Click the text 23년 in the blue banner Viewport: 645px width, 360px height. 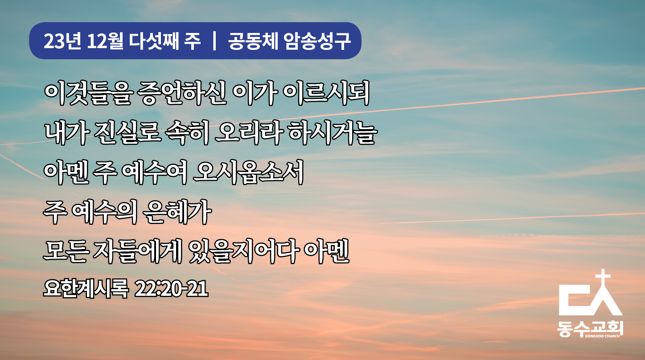coord(62,41)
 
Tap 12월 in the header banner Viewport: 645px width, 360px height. coord(105,41)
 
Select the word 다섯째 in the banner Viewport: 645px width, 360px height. coord(154,41)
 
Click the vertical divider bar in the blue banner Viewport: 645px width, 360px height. coord(214,41)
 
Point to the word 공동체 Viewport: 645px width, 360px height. coord(253,41)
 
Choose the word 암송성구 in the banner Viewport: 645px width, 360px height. coord(317,41)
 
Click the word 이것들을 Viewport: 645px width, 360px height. coord(88,93)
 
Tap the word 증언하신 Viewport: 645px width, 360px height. coord(182,93)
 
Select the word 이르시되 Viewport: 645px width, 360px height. coord(326,93)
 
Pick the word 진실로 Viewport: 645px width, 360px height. coord(127,132)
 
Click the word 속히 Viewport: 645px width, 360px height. coord(187,132)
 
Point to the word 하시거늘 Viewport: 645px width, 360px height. coord(333,132)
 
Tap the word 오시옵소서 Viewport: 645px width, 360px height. coord(248,172)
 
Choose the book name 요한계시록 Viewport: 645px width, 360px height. coord(86,289)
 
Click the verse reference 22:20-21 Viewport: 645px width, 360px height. coord(171,289)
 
